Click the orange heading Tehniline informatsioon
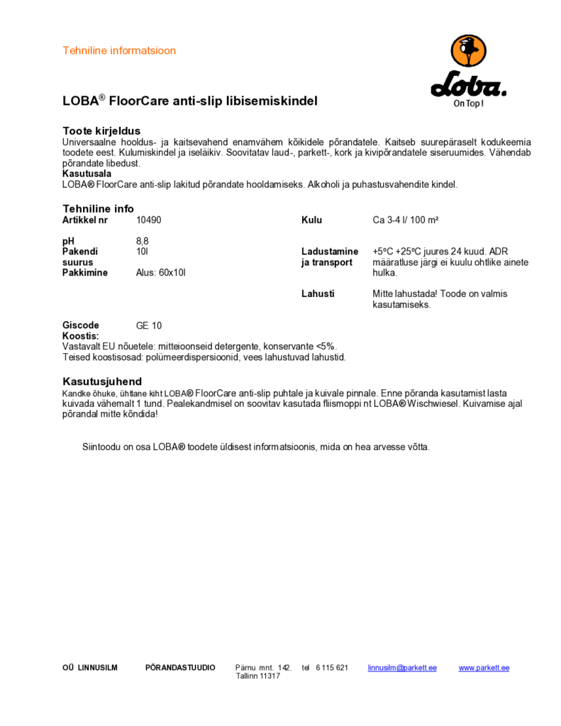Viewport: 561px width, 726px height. (x=119, y=51)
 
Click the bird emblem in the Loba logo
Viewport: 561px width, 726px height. (x=469, y=54)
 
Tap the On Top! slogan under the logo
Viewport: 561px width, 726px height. (x=468, y=104)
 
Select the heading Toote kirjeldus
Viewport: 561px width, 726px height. (x=101, y=131)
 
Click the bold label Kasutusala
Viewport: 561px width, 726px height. (x=87, y=174)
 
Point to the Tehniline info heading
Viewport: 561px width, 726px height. (x=98, y=209)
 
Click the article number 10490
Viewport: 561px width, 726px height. (x=149, y=220)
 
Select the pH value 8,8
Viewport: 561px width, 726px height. (x=143, y=241)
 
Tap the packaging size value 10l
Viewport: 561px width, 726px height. (x=142, y=252)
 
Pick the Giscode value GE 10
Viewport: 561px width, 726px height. (x=149, y=326)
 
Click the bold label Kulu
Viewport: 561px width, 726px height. (x=312, y=220)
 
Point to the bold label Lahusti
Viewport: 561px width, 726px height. (x=318, y=294)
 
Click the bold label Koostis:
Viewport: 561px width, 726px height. (x=80, y=336)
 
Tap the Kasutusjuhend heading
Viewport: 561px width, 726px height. (x=102, y=381)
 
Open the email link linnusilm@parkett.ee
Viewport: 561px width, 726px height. (x=402, y=668)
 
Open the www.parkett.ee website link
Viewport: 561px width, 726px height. (x=484, y=668)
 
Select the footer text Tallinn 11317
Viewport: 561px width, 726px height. (x=258, y=676)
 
